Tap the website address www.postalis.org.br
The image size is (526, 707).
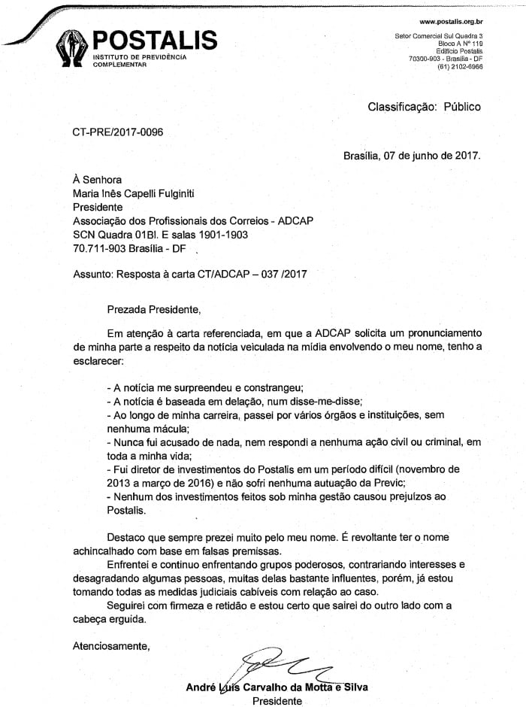tap(451, 22)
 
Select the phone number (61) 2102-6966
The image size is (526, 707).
tap(460, 66)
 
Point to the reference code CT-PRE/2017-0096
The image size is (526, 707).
tap(117, 132)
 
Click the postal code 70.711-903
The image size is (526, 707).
tap(100, 247)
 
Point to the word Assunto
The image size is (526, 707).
tap(92, 275)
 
